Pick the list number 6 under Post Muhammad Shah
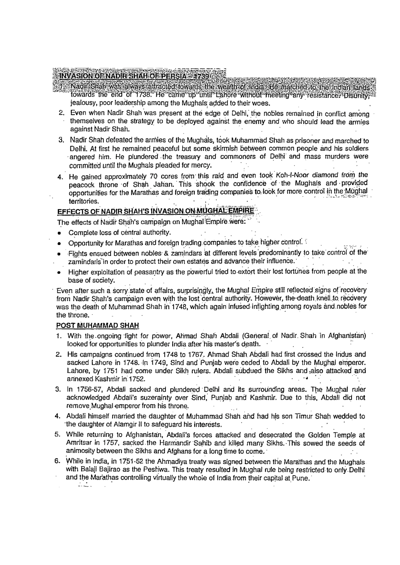point(57,461)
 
